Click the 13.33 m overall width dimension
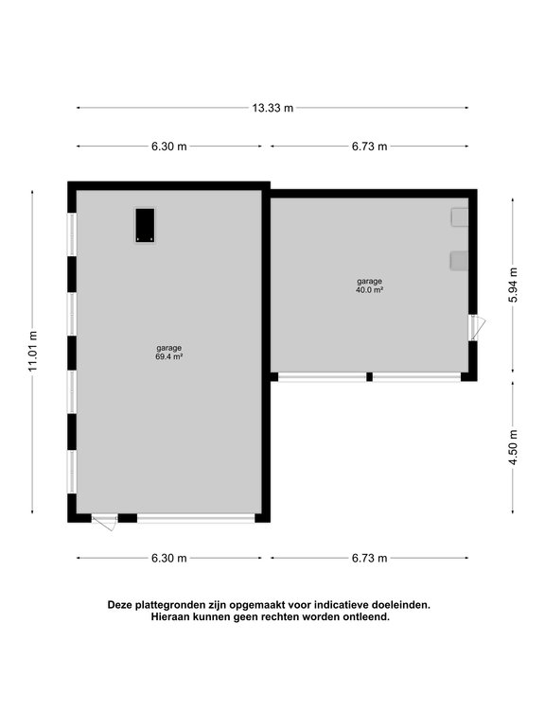click(272, 108)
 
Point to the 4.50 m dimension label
click(513, 446)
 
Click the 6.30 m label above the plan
click(169, 147)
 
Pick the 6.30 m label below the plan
click(169, 558)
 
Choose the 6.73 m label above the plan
click(370, 147)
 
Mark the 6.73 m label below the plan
click(370, 558)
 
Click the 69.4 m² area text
click(169, 357)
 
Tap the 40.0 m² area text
click(370, 290)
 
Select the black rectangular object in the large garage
click(145, 225)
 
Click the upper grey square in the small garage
click(459, 216)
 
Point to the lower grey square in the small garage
click(459, 260)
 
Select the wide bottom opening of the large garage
click(196, 518)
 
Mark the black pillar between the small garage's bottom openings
click(369, 377)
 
